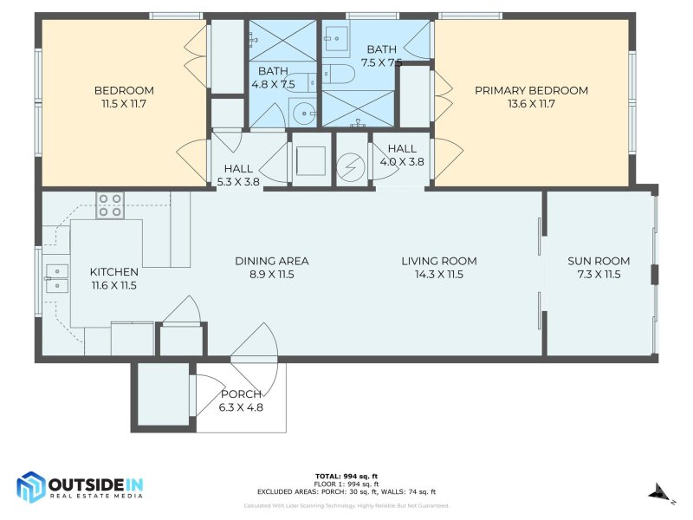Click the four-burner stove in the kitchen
click(x=110, y=205)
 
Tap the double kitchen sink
click(x=55, y=277)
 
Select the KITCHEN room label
click(x=113, y=271)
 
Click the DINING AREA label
click(x=272, y=261)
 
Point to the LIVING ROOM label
click(x=438, y=261)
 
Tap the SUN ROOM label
click(x=599, y=261)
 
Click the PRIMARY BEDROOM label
click(x=531, y=90)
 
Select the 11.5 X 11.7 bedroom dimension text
click(x=124, y=104)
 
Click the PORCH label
click(x=241, y=394)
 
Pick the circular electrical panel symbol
click(x=352, y=163)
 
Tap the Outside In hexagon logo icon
click(x=32, y=487)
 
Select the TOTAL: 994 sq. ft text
click(x=346, y=476)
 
